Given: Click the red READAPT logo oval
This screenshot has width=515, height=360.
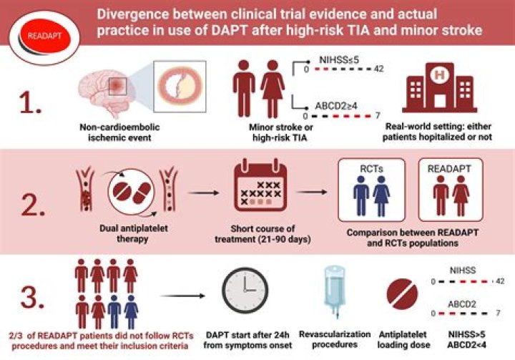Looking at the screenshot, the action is pyautogui.click(x=44, y=37).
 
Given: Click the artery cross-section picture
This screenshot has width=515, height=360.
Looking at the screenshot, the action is pyautogui.click(x=180, y=87).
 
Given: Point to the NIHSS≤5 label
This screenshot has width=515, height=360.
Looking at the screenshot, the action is pyautogui.click(x=338, y=59).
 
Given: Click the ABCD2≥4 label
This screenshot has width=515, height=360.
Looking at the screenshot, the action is pyautogui.click(x=336, y=106).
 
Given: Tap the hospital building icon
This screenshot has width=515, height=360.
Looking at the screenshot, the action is pyautogui.click(x=439, y=87).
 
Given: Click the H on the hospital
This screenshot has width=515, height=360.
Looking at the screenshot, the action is pyautogui.click(x=439, y=75).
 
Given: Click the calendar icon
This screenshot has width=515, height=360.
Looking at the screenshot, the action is pyautogui.click(x=260, y=185).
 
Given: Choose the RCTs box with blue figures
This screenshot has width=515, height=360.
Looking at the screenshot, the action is pyautogui.click(x=371, y=190).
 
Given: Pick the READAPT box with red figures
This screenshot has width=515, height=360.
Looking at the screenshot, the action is pyautogui.click(x=451, y=190).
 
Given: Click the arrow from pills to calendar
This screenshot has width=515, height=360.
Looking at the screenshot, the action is pyautogui.click(x=204, y=193).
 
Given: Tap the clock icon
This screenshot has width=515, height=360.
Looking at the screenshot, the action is pyautogui.click(x=245, y=291).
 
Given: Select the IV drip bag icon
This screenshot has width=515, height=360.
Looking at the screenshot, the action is pyautogui.click(x=335, y=292).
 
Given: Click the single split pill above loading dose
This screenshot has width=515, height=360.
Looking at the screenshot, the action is pyautogui.click(x=402, y=294).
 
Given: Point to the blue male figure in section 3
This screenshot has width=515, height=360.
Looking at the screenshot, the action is pyautogui.click(x=114, y=311).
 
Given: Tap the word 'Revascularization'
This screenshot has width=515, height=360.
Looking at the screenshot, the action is pyautogui.click(x=335, y=334).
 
